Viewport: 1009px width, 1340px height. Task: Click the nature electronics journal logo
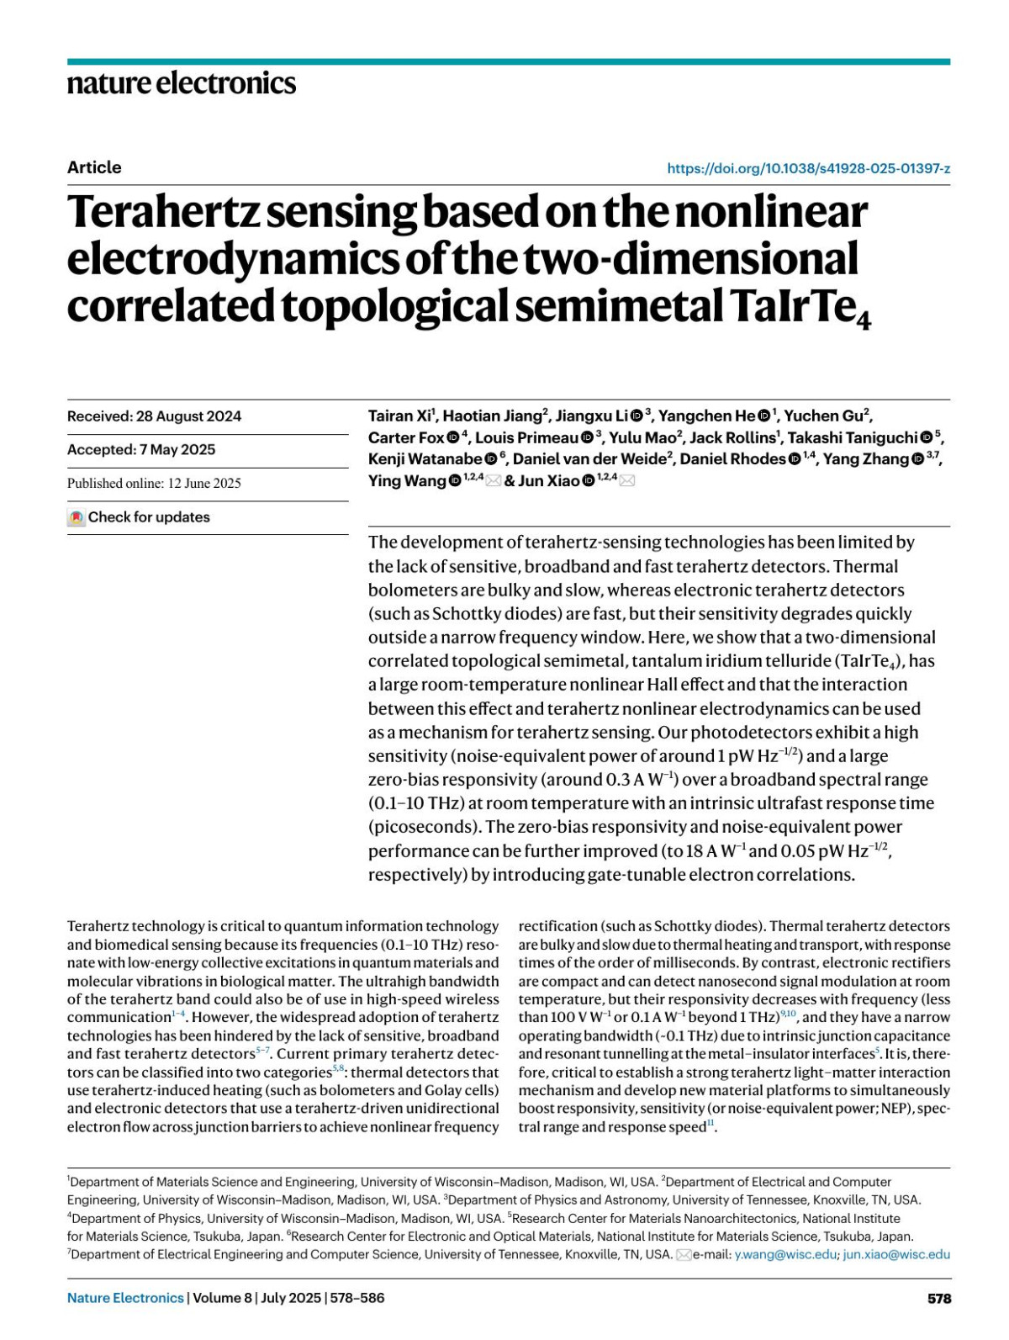coord(182,82)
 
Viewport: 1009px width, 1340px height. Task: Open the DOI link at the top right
coord(808,168)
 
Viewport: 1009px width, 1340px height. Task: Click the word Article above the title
coord(94,167)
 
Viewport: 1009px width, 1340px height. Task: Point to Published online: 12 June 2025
coord(154,484)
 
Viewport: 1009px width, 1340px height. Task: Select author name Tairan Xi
coord(400,416)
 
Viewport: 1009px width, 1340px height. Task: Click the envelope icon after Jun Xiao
coord(626,481)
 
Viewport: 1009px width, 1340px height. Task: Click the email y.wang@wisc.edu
coord(785,1254)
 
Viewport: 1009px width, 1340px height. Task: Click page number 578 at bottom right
coord(938,1299)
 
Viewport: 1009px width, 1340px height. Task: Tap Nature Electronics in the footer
coord(125,1298)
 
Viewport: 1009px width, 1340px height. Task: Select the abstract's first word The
coord(382,543)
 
